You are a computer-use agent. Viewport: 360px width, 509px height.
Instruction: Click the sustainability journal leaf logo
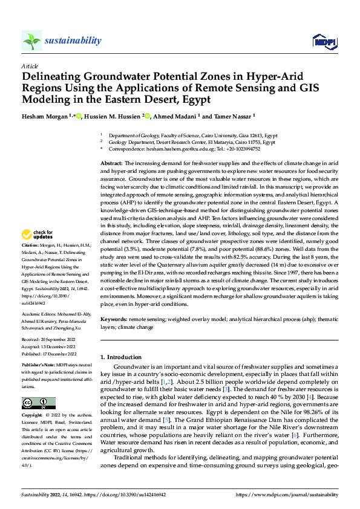[32, 41]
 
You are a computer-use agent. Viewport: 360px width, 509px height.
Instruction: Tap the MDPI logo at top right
[321, 41]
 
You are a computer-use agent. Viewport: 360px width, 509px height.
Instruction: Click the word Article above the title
[30, 65]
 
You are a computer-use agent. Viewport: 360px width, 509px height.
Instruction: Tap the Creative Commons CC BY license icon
[38, 403]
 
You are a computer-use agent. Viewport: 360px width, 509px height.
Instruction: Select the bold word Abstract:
[112, 164]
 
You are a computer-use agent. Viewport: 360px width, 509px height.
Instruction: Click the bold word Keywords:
[114, 318]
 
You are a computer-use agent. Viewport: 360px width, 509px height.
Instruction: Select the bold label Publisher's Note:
[38, 366]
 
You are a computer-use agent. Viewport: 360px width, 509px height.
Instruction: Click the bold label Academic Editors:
[40, 314]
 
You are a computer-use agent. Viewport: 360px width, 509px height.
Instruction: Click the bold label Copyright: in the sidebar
[33, 416]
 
